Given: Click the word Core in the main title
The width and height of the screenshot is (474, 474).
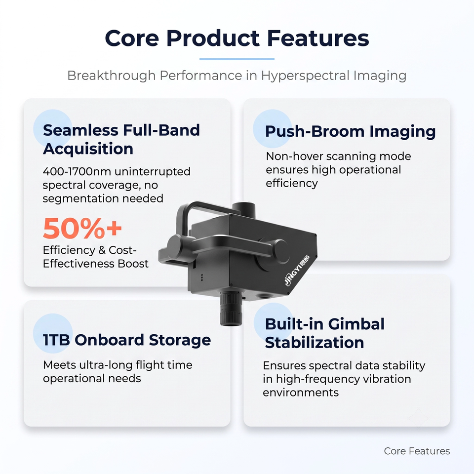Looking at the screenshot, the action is point(132,38).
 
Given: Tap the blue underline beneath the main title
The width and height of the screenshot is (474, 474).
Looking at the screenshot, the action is point(237,59).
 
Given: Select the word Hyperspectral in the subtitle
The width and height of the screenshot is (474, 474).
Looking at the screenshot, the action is point(305,76).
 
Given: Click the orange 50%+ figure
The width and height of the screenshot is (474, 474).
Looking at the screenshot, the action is point(82,228).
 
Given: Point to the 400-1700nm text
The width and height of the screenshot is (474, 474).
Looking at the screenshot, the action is point(78,171).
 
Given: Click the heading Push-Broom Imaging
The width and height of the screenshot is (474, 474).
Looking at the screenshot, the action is point(351,131).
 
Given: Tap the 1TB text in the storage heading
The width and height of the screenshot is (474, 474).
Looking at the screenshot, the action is point(56,340).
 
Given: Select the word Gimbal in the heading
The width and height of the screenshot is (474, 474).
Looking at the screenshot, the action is point(356,324).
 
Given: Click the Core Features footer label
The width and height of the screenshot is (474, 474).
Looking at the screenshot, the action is point(417,451).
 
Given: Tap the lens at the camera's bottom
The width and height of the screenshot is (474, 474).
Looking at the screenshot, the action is point(231,308).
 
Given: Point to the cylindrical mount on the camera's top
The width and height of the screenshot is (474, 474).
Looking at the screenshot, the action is point(243,208).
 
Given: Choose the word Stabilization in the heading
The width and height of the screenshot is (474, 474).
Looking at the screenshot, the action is point(315,343).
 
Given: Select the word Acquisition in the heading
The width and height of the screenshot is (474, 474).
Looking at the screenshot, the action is point(88,149).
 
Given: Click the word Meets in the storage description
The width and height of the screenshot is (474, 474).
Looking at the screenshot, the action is point(59,365).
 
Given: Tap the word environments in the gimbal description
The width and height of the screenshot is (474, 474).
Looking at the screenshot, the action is point(301,393).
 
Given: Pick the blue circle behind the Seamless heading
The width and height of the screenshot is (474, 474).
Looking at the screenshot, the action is point(52,128).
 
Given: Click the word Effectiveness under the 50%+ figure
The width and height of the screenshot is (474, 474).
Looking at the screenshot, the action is point(79,264).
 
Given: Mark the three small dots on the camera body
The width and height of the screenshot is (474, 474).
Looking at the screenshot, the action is point(202,277).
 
